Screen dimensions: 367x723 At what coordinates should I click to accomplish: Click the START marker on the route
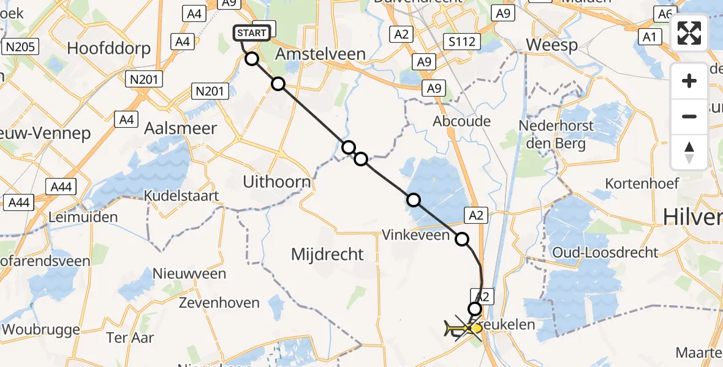pyautogui.click(x=252, y=33)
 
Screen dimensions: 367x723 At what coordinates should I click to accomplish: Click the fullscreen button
pyautogui.click(x=689, y=34)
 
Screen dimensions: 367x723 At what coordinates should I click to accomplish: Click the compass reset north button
pyautogui.click(x=689, y=152)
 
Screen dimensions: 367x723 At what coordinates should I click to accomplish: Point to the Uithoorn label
pyautogui.click(x=276, y=182)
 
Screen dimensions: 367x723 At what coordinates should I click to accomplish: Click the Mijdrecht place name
pyautogui.click(x=327, y=254)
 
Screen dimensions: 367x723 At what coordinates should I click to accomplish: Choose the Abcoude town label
pyautogui.click(x=462, y=121)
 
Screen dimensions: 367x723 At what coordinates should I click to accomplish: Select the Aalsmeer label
pyautogui.click(x=180, y=128)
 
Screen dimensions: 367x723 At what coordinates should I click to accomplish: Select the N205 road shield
pyautogui.click(x=20, y=46)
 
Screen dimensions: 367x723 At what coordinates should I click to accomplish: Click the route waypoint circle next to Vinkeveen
pyautogui.click(x=461, y=240)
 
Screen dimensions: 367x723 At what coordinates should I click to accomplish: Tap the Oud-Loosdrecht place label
pyautogui.click(x=605, y=253)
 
